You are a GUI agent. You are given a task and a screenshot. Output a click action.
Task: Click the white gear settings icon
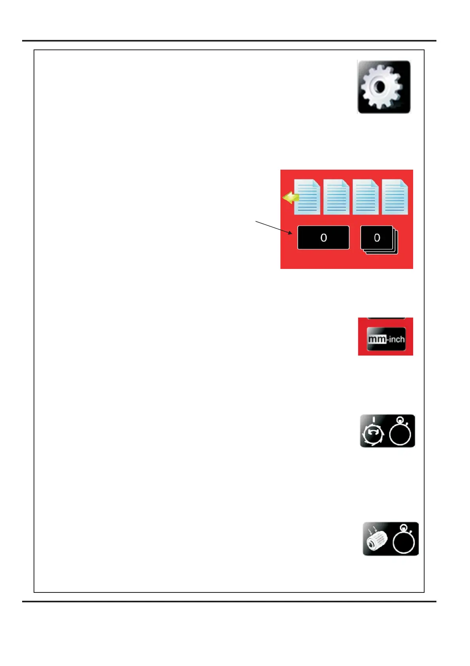[x=384, y=87]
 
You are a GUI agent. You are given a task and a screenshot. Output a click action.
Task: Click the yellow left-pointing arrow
[x=290, y=197]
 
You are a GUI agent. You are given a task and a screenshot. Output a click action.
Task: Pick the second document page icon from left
[x=337, y=197]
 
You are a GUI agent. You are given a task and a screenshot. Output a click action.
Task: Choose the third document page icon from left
[x=365, y=197]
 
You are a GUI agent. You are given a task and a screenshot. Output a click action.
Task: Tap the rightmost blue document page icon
[x=395, y=197]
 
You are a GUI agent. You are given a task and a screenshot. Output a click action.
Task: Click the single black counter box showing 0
[x=323, y=238]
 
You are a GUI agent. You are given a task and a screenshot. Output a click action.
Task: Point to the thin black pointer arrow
[x=274, y=227]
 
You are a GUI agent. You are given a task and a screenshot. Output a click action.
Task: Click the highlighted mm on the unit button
[x=377, y=339]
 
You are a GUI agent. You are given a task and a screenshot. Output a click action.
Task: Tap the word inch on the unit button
[x=396, y=339]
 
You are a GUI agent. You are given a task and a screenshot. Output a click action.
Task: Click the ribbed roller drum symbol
[x=377, y=541]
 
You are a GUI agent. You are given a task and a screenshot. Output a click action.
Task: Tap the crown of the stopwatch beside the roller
[x=403, y=528]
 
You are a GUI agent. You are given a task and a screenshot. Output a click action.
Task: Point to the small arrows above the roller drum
[x=372, y=528]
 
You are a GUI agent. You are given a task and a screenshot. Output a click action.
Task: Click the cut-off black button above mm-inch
[x=386, y=318]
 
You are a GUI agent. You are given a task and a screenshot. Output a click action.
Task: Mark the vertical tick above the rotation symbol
[x=373, y=420]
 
